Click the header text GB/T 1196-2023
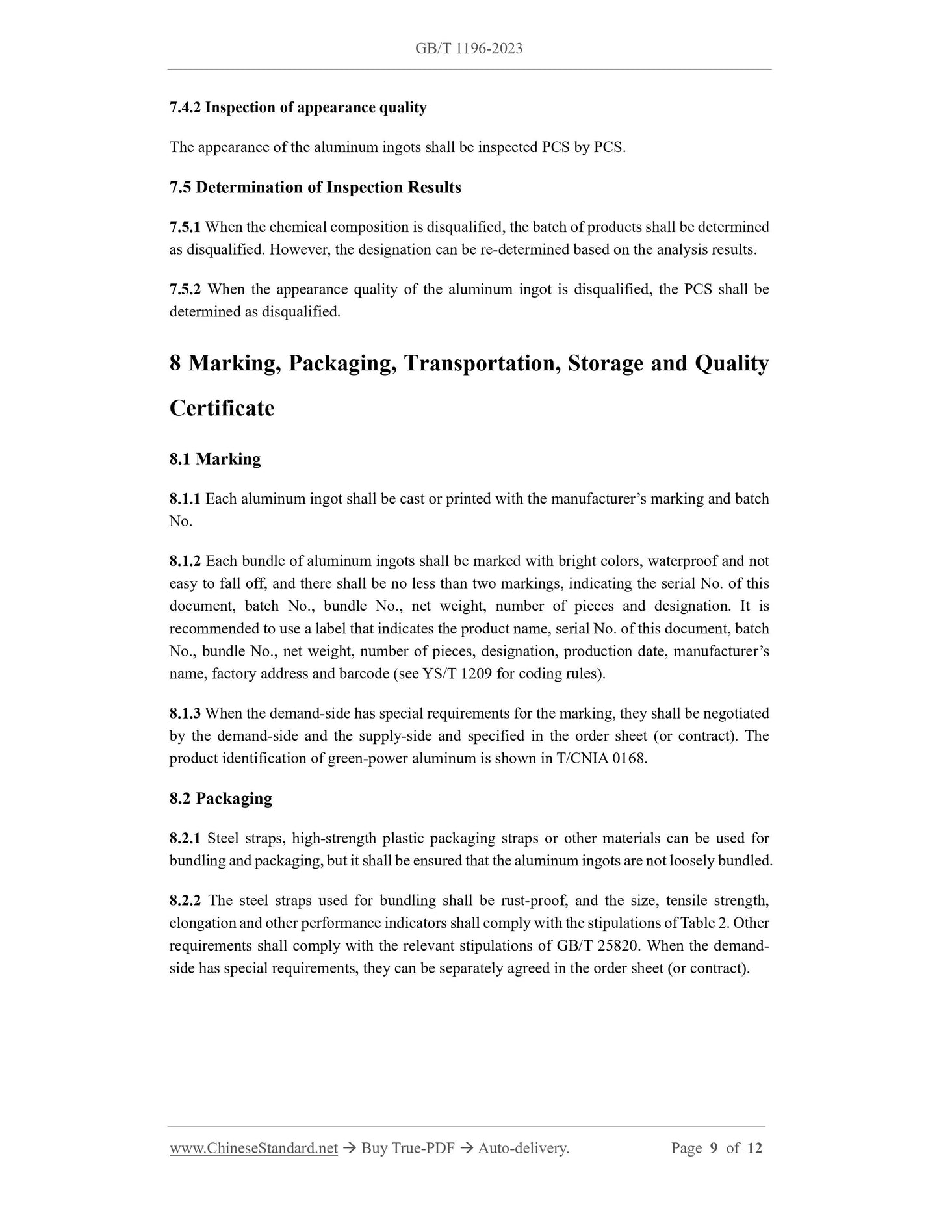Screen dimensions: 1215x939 click(x=468, y=49)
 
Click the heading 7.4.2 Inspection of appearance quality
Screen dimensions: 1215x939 click(x=298, y=108)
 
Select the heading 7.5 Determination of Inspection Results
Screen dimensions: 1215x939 click(x=315, y=188)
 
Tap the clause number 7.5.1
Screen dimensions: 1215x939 click(x=185, y=227)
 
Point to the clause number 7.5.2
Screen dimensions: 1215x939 click(x=185, y=289)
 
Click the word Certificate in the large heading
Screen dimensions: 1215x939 click(x=222, y=408)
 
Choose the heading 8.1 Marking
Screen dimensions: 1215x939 click(x=215, y=459)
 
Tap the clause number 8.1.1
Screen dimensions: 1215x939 click(x=185, y=499)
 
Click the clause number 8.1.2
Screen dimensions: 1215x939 click(x=185, y=561)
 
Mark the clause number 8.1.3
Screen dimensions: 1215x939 click(x=185, y=713)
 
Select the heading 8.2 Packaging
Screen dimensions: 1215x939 click(x=221, y=799)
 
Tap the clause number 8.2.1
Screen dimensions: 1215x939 click(x=185, y=838)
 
